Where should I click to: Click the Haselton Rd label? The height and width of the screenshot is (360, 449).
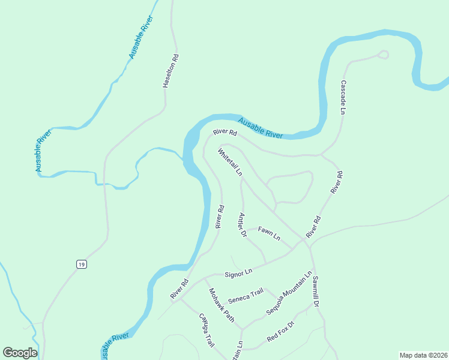(x=171, y=71)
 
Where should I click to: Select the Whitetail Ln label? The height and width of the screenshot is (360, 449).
(x=231, y=161)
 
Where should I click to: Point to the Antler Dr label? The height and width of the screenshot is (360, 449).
(x=243, y=226)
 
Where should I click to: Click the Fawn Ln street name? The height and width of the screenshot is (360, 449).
(x=269, y=233)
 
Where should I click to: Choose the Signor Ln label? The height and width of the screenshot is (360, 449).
(x=238, y=274)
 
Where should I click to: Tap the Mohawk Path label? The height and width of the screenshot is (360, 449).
(x=221, y=305)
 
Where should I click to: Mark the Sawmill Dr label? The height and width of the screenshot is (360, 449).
(x=315, y=291)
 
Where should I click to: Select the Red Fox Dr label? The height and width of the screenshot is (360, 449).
(x=282, y=332)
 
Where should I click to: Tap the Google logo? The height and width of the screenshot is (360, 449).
(x=20, y=352)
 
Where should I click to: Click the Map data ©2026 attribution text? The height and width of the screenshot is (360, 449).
(x=423, y=355)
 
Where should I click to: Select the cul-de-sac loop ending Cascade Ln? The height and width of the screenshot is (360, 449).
(x=383, y=55)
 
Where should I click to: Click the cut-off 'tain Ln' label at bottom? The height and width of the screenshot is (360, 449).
(x=238, y=351)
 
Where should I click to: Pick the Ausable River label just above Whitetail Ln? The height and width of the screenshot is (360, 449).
(x=260, y=128)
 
